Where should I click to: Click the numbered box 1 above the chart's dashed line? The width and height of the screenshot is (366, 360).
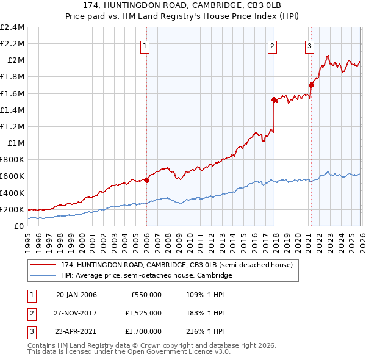[146, 45]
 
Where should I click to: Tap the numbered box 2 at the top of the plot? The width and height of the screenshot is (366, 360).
[272, 45]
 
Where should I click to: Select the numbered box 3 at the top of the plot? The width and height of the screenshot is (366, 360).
[309, 45]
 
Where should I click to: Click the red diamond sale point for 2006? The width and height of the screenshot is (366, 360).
[146, 180]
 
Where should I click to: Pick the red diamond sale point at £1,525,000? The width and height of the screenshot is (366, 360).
[274, 99]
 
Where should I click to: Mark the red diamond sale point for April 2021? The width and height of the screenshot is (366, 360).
[311, 85]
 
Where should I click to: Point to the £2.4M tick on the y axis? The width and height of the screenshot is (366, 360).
[12, 27]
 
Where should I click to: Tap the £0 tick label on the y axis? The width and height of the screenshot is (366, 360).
[20, 226]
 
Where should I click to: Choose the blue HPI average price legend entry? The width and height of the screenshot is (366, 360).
[146, 276]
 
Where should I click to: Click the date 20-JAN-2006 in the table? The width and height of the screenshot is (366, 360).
[76, 295]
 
